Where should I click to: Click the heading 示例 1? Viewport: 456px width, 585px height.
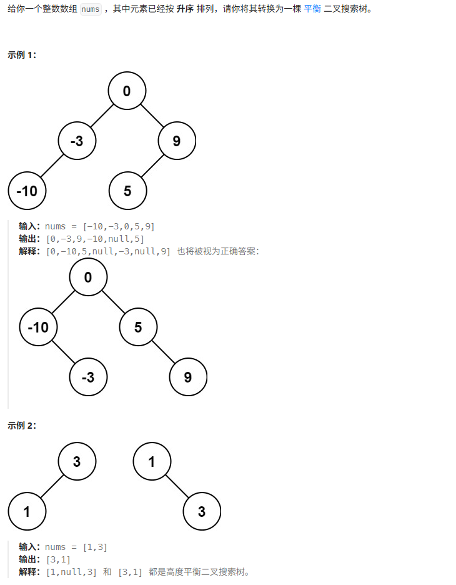coord(22,55)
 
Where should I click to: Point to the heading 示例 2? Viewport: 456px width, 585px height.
coord(22,426)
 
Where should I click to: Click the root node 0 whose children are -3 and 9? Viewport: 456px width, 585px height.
coord(127,91)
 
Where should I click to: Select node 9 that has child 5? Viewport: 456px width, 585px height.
coord(177,141)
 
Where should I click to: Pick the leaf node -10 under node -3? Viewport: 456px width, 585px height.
coord(27,191)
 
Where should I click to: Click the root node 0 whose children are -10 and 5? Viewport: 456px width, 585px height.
coord(88,277)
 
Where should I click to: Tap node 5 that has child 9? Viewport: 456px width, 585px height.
coord(138,327)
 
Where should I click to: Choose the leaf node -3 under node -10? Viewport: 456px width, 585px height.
coord(88,377)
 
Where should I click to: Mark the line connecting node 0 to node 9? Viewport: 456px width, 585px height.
coord(152,116)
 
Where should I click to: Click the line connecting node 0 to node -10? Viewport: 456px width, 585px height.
coord(63,302)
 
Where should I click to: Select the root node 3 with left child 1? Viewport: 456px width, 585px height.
coord(77,462)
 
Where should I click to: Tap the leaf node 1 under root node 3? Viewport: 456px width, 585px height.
coord(27,512)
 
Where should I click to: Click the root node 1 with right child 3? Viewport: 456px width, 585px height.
coord(152,462)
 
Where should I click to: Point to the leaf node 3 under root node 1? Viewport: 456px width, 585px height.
coord(202,512)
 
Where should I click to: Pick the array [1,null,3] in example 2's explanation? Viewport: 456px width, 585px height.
coord(72,571)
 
